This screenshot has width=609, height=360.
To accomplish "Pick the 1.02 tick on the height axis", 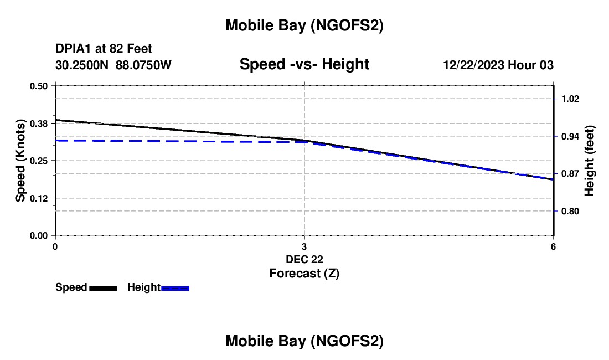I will [570, 99].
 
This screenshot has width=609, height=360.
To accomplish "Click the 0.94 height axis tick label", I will [570, 136].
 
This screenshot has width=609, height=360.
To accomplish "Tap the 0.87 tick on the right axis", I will [570, 173].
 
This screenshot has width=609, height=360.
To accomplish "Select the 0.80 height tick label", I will [570, 211].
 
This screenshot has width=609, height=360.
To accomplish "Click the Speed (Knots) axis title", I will [20, 161].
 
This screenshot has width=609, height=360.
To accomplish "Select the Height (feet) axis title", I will [590, 161].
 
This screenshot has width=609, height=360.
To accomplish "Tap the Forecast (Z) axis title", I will [304, 273].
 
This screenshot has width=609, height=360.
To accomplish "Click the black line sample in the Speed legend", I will [104, 288].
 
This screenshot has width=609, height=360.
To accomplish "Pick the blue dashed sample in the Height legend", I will [176, 288].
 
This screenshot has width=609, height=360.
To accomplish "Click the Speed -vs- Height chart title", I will [304, 65].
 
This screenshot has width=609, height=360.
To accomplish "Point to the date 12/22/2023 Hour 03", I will [498, 65].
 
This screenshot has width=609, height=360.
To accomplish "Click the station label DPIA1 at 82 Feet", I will [104, 49].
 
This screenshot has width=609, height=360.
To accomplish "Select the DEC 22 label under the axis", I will [304, 259].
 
